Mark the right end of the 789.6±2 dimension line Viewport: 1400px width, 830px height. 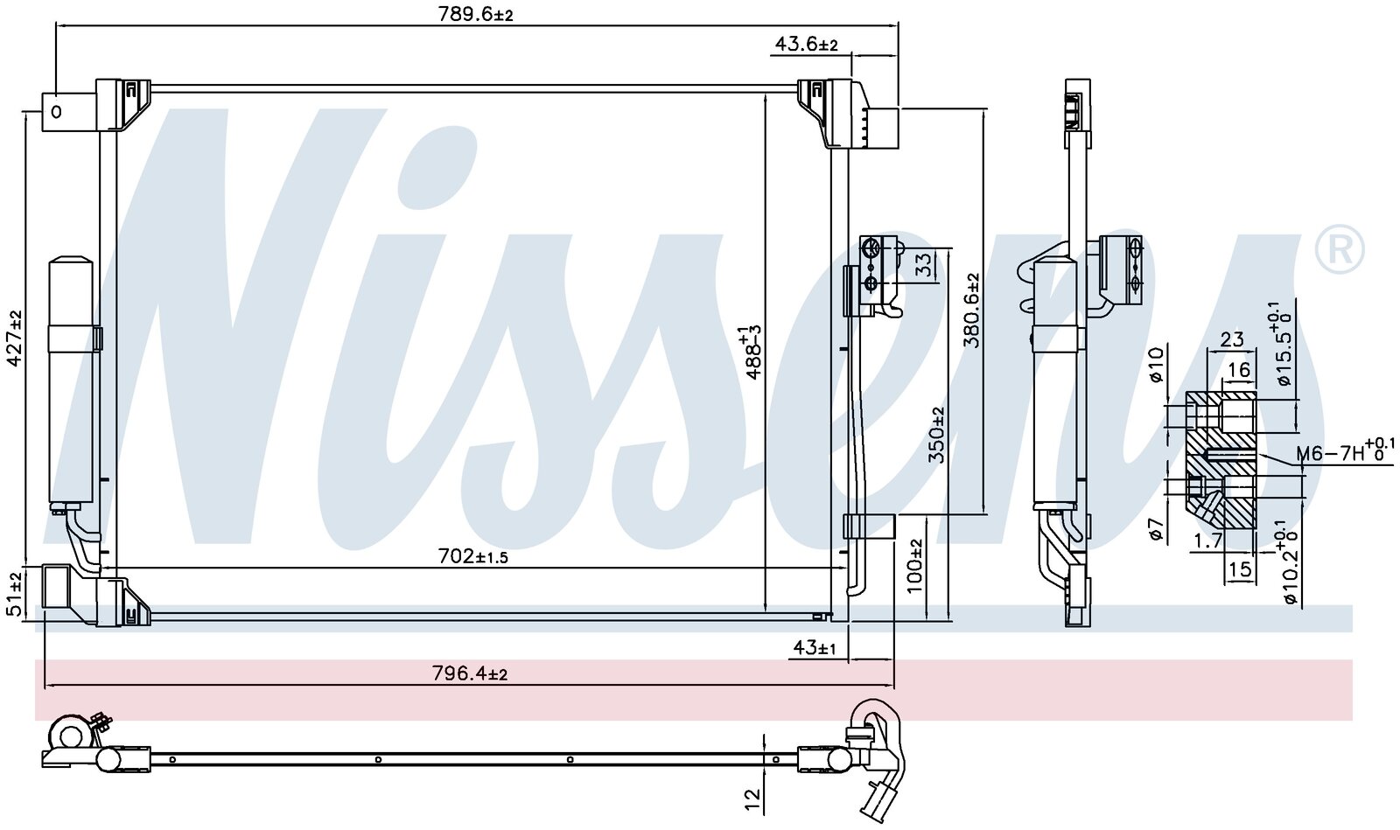pos(898,25)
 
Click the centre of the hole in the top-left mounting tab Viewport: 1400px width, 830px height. pos(56,113)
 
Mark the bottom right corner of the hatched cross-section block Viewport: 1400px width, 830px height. pos(1255,531)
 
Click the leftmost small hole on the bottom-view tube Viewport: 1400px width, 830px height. pos(172,759)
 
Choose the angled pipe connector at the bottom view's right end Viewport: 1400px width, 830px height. pos(875,762)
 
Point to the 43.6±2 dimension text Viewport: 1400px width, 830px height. pos(806,45)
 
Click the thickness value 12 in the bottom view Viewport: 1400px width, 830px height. pos(753,802)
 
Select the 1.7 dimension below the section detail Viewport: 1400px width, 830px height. pos(1207,541)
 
